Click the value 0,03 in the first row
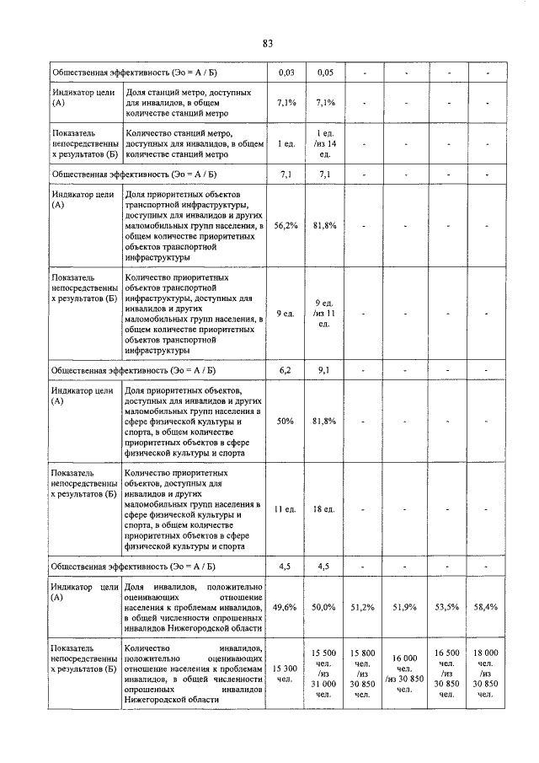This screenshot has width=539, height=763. click(x=286, y=73)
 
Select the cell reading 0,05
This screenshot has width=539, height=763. click(x=326, y=73)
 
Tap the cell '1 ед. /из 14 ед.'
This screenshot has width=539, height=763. click(x=326, y=144)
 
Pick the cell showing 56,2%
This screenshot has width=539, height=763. click(x=286, y=226)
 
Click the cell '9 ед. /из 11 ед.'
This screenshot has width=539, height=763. click(x=326, y=314)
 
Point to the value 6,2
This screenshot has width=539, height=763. click(x=286, y=369)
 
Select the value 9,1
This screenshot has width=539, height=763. click(x=326, y=369)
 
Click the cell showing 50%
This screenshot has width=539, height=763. click(x=286, y=421)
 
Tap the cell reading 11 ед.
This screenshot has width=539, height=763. click(x=286, y=509)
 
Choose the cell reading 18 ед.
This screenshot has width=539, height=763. click(x=326, y=509)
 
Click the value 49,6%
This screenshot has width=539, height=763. click(x=286, y=605)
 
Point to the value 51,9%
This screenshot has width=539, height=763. click(x=404, y=605)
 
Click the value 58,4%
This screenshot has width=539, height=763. click(x=488, y=605)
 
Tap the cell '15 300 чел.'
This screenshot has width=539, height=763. click(x=286, y=673)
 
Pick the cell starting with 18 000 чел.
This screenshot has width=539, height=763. click(x=488, y=673)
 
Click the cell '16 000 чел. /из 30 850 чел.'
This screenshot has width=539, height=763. click(x=404, y=673)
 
